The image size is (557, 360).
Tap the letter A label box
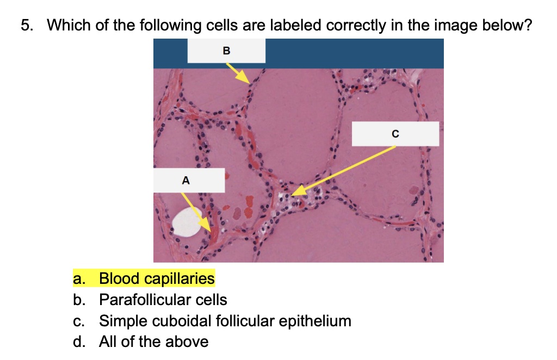point(185,180)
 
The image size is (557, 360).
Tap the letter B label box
point(226,51)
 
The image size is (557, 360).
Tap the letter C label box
point(395,133)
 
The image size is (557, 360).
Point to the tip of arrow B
point(250,83)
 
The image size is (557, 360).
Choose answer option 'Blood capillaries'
point(157,278)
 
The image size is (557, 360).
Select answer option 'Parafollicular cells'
point(163,300)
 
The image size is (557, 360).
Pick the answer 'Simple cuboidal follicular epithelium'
point(225,321)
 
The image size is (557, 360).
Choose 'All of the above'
point(153,342)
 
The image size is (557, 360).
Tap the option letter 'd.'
point(79,342)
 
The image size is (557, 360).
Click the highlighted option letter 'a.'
point(79,278)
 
